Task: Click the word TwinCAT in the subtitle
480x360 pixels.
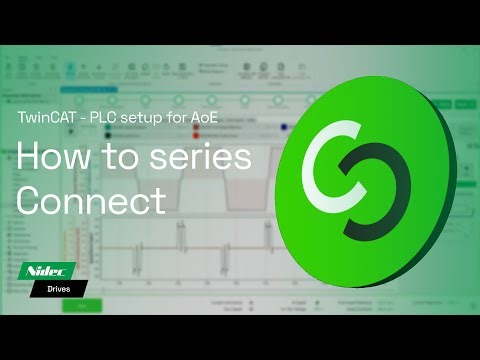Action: click(x=48, y=116)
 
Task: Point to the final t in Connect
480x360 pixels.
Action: click(x=158, y=200)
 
